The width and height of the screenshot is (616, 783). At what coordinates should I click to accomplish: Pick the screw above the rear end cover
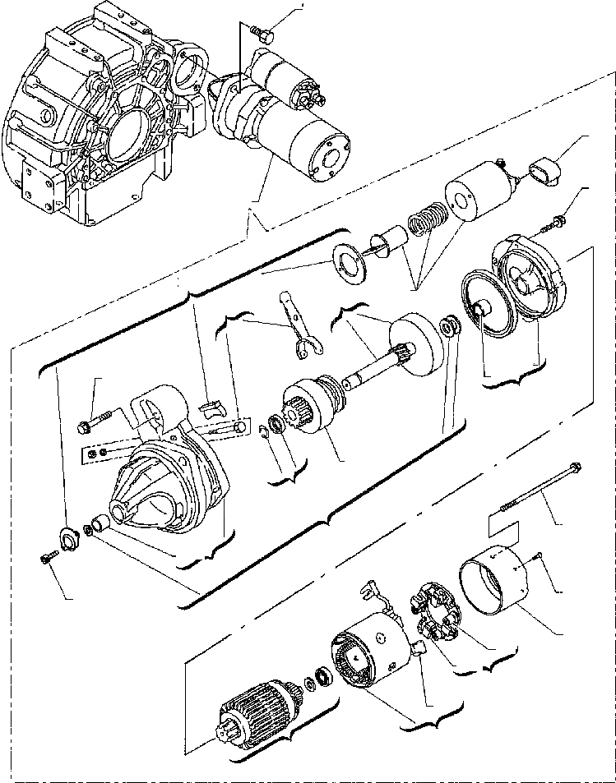(x=558, y=221)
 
